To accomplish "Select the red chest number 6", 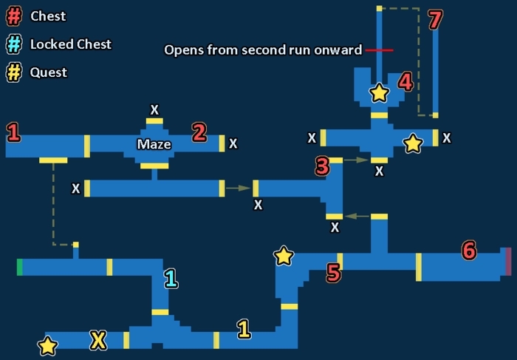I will [468, 251].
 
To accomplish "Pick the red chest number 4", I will [405, 81].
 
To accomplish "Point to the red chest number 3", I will [321, 166].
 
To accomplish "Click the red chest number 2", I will [199, 132].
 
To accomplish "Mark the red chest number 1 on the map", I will [13, 133].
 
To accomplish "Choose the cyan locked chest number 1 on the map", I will [171, 279].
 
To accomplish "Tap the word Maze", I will [154, 144].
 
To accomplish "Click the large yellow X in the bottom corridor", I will [97, 340].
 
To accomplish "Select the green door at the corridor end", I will [20, 267].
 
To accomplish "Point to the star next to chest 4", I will [379, 93].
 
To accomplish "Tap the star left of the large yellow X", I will [48, 345].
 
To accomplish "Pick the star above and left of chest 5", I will [284, 256].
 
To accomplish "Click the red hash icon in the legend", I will [15, 16].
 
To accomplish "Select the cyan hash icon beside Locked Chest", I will [15, 44].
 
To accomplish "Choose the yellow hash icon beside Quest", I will [15, 72].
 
